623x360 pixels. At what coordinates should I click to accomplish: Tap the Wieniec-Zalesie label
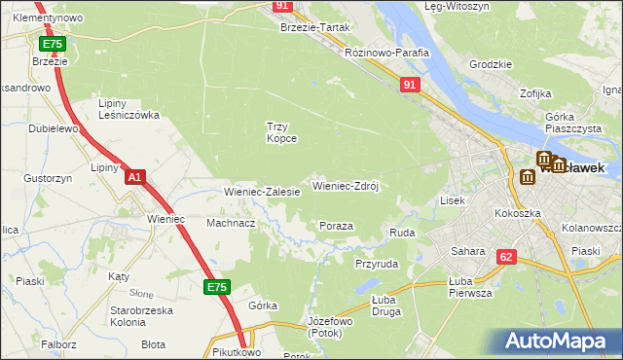(262, 193)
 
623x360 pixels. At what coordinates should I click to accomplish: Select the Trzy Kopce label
(282, 131)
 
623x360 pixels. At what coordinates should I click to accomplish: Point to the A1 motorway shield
(136, 177)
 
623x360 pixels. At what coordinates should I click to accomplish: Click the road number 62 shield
(505, 257)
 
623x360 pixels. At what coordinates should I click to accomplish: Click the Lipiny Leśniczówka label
(129, 108)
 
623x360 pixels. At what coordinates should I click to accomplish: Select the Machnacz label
(231, 223)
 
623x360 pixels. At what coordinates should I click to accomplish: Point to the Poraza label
(336, 226)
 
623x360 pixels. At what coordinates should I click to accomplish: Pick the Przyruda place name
(377, 263)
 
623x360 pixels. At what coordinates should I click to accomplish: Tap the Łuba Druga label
(388, 306)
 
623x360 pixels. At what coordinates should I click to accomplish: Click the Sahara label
(467, 251)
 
